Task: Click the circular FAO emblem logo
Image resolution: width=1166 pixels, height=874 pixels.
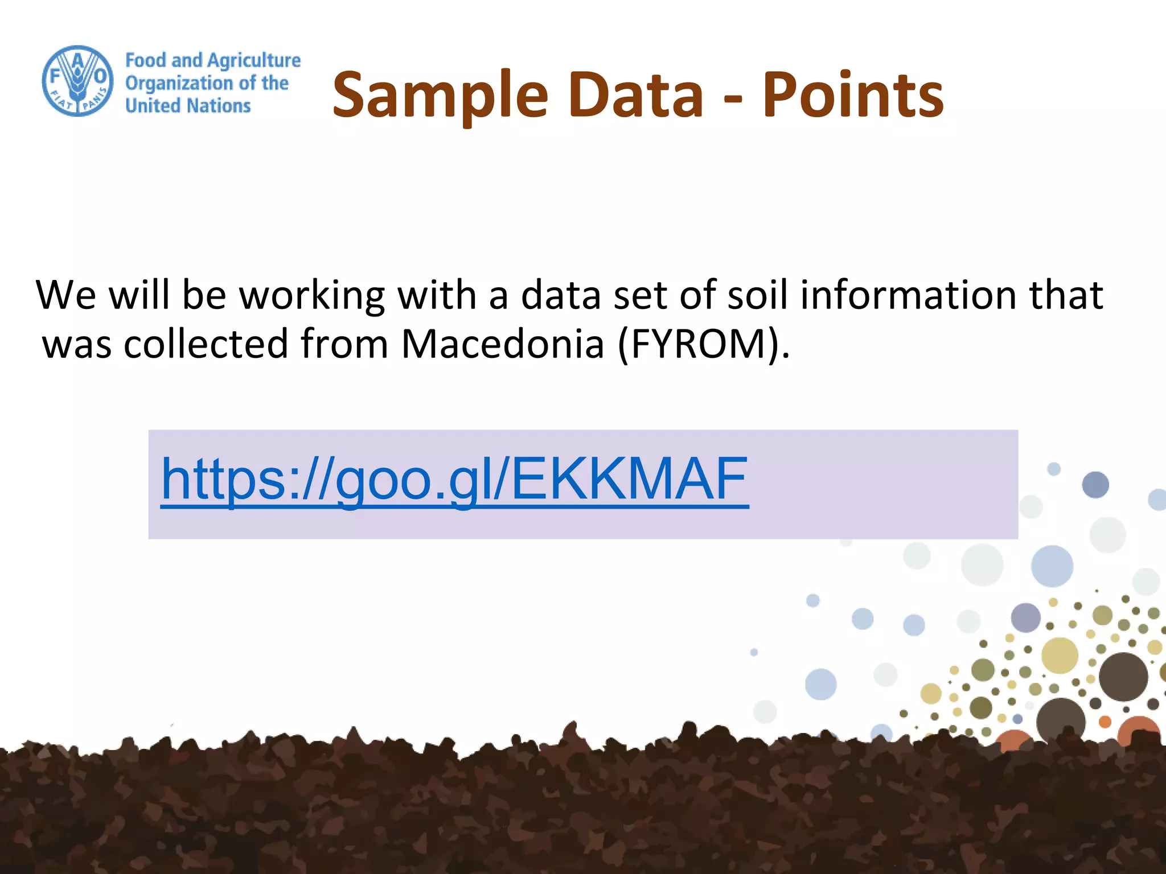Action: point(78,81)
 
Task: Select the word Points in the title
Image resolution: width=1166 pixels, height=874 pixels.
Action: point(853,94)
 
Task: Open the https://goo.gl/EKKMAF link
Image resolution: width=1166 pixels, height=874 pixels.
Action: point(454,479)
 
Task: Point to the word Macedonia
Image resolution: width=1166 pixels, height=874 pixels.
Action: point(502,344)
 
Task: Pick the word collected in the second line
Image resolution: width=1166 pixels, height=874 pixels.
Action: point(206,344)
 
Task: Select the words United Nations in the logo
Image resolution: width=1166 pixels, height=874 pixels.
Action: point(188,106)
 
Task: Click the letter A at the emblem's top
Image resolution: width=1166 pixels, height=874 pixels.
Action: point(78,59)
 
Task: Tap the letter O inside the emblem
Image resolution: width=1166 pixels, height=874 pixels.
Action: point(100,76)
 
